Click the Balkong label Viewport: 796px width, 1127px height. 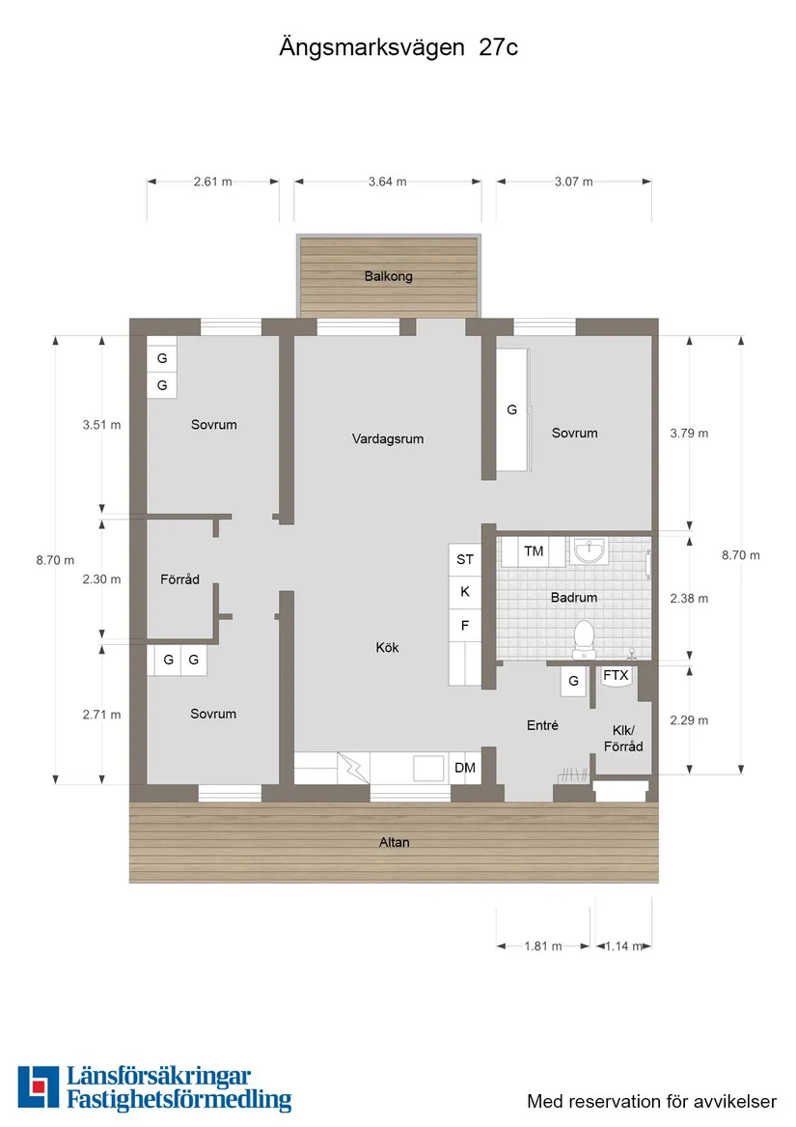pyautogui.click(x=388, y=276)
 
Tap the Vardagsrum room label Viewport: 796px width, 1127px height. pyautogui.click(x=387, y=438)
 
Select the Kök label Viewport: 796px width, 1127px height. pyautogui.click(x=387, y=648)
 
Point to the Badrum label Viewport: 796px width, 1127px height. pyautogui.click(x=573, y=597)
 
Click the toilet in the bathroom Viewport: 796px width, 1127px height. pyautogui.click(x=584, y=639)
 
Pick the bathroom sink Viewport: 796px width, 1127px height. pyautogui.click(x=590, y=552)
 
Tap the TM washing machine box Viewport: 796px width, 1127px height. pyautogui.click(x=533, y=551)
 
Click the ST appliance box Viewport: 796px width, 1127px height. pyautogui.click(x=465, y=559)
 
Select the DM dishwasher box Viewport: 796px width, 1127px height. pyautogui.click(x=465, y=768)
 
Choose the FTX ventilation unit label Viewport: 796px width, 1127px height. pyautogui.click(x=616, y=675)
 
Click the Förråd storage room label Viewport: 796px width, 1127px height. pyautogui.click(x=179, y=579)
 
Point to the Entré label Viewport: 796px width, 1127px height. pyautogui.click(x=542, y=725)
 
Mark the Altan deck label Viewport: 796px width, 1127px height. pyautogui.click(x=395, y=842)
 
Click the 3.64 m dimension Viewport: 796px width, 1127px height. pyautogui.click(x=387, y=182)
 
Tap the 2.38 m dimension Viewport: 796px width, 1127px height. pyautogui.click(x=689, y=598)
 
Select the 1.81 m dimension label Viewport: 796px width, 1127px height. pyautogui.click(x=543, y=945)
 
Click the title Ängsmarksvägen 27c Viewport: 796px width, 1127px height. pyautogui.click(x=398, y=47)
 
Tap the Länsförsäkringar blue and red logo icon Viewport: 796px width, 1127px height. pyautogui.click(x=38, y=1086)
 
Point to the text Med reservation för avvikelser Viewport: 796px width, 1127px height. pyautogui.click(x=651, y=1101)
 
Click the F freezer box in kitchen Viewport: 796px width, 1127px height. pyautogui.click(x=465, y=626)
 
